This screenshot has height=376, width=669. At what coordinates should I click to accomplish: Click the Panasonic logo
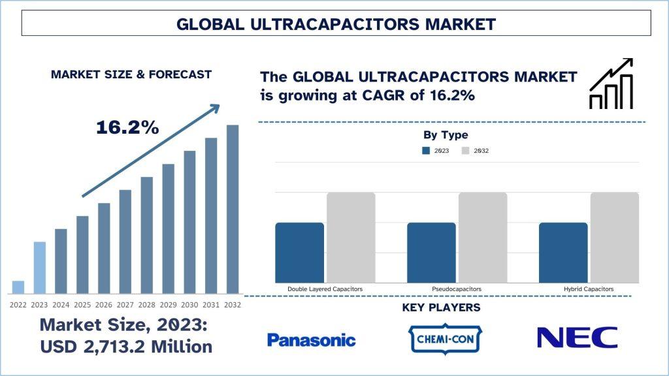(311, 340)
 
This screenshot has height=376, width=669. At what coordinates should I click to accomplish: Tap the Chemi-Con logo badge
(445, 339)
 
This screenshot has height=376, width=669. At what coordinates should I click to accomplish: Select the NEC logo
(578, 337)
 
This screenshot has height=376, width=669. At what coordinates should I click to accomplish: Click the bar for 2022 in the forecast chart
(18, 287)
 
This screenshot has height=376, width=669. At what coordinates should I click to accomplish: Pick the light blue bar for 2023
(40, 268)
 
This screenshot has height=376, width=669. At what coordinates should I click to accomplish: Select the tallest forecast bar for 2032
(233, 210)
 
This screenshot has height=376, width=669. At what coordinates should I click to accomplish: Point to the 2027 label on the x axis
(125, 305)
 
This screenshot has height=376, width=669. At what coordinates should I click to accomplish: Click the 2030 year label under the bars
(189, 305)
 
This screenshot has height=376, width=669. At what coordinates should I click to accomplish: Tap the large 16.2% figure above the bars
(127, 127)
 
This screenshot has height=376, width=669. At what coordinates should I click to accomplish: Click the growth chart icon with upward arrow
(611, 84)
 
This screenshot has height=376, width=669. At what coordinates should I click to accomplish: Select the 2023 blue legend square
(426, 151)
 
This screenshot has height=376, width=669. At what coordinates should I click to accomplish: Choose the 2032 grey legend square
(465, 151)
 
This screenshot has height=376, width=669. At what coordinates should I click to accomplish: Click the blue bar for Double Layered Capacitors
(299, 253)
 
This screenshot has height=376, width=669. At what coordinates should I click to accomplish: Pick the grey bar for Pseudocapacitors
(483, 238)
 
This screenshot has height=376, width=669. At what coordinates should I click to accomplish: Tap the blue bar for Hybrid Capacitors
(563, 253)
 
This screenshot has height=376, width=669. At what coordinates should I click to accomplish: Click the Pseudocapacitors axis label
(457, 289)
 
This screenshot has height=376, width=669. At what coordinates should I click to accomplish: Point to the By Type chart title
(446, 135)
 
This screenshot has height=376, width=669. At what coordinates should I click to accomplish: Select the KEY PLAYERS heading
(441, 307)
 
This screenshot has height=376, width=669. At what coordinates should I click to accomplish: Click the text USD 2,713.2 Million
(126, 347)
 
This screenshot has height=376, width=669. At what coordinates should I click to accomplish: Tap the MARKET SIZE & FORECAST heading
(131, 74)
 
